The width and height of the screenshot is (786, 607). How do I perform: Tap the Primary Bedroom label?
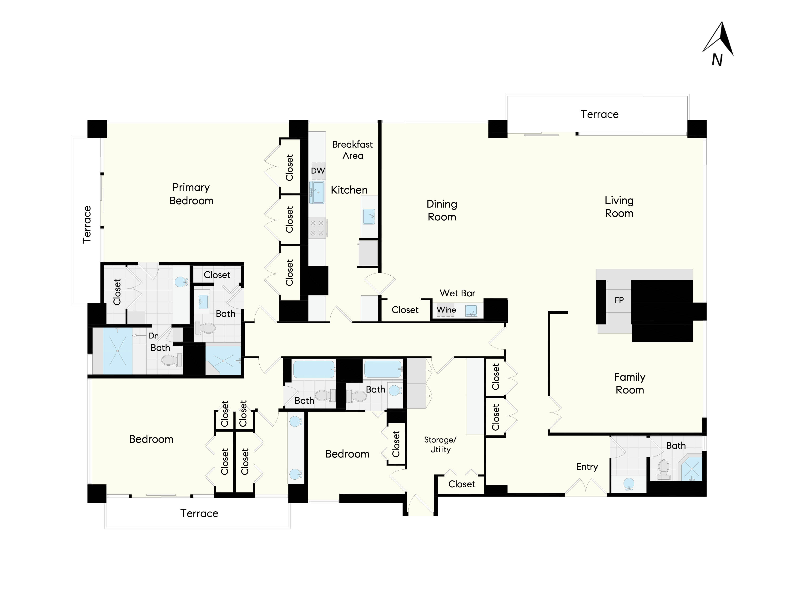pyautogui.click(x=191, y=194)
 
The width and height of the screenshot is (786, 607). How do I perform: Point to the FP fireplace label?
pyautogui.click(x=619, y=300)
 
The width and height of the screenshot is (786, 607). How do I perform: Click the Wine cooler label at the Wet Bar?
pyautogui.click(x=446, y=310)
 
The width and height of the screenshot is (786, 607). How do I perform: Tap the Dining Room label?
pyautogui.click(x=442, y=210)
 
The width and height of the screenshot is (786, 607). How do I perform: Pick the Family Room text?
pyautogui.click(x=630, y=383)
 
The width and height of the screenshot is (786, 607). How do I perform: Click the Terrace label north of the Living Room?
pyautogui.click(x=599, y=114)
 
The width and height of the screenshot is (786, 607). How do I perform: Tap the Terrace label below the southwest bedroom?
pyautogui.click(x=199, y=513)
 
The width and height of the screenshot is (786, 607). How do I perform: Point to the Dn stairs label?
pyautogui.click(x=154, y=335)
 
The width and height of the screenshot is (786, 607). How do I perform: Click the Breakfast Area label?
pyautogui.click(x=352, y=150)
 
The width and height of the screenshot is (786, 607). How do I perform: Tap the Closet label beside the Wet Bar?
pyautogui.click(x=405, y=310)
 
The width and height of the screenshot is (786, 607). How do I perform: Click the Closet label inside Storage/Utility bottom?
pyautogui.click(x=461, y=484)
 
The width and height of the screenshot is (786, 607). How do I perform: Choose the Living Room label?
pyautogui.click(x=619, y=207)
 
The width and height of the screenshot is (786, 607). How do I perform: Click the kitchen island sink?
pyautogui.click(x=368, y=216)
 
